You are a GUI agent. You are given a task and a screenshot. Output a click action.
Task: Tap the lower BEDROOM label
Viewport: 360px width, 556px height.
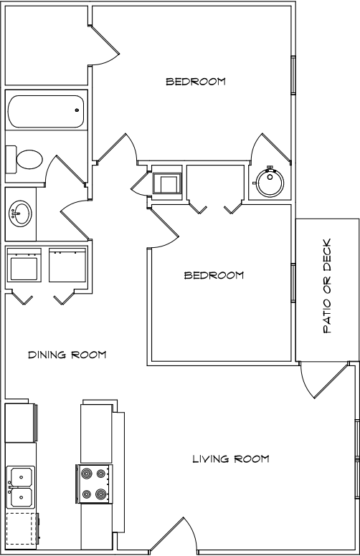tap(214, 275)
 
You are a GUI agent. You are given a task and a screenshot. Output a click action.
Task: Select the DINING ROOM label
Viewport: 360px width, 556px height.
tap(67, 355)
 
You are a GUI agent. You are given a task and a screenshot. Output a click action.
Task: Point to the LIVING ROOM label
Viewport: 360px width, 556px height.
tap(231, 459)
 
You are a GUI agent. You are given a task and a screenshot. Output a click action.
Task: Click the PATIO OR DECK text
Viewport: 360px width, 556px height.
tap(327, 286)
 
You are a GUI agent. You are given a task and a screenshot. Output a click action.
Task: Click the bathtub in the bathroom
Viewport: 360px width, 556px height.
tap(45, 111)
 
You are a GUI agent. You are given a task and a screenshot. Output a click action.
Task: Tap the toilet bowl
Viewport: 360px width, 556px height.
tap(29, 160)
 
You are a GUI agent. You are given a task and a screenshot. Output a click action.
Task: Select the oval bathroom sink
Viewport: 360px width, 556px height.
tap(20, 214)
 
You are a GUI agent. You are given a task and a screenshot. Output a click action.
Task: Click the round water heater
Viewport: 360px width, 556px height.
tap(270, 183)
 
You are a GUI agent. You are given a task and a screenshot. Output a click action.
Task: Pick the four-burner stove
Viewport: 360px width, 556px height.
tap(94, 484)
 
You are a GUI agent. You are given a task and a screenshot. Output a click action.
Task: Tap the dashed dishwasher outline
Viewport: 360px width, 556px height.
tap(22, 528)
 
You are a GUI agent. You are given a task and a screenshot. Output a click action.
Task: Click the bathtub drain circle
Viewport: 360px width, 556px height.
tap(77, 110)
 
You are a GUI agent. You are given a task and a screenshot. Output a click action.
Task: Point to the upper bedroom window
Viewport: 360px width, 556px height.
tap(293, 75)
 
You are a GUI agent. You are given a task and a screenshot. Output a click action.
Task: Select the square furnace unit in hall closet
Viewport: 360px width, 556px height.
tap(167, 183)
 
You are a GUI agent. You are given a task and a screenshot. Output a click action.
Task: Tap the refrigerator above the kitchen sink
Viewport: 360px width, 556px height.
tap(22, 422)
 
